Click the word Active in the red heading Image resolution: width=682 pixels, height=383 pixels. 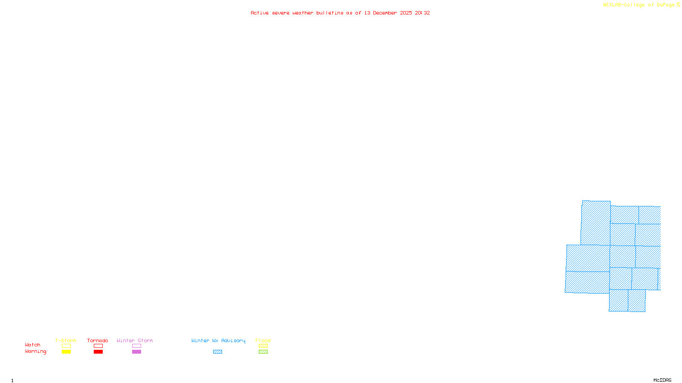[260, 13]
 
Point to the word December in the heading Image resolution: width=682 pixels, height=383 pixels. [385, 13]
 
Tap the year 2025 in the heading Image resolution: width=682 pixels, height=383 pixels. [406, 13]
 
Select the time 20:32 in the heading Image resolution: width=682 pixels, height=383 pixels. [422, 13]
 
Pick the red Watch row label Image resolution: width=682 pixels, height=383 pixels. [33, 345]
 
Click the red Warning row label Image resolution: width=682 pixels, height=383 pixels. [35, 352]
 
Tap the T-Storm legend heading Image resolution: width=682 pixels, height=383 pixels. [66, 340]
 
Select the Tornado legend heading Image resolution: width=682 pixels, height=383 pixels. [98, 340]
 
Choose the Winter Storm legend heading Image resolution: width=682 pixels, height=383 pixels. [135, 340]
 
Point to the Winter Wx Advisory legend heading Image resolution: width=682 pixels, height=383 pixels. [218, 340]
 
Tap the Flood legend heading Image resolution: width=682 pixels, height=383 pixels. [263, 340]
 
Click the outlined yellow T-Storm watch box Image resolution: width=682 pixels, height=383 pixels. [66, 346]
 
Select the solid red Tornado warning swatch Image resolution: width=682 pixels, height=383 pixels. [98, 352]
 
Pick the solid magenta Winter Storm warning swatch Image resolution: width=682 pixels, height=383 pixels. [136, 352]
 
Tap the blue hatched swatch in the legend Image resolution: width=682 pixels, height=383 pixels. [217, 352]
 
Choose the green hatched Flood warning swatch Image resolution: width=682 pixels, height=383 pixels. [263, 352]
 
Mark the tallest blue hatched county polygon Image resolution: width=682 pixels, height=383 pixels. [595, 223]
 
